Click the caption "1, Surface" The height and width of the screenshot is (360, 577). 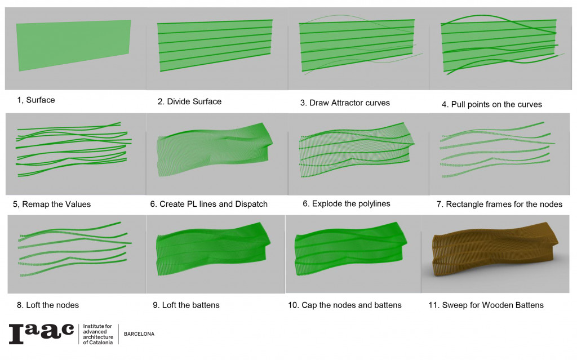click(x=36, y=100)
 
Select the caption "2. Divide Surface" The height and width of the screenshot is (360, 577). click(x=189, y=101)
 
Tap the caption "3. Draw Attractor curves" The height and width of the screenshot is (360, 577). click(x=345, y=103)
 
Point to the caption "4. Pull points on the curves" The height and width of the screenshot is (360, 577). click(x=491, y=105)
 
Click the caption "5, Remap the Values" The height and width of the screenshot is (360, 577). click(x=52, y=205)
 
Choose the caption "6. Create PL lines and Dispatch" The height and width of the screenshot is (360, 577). click(x=208, y=205)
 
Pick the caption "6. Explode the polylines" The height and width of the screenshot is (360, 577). click(x=347, y=204)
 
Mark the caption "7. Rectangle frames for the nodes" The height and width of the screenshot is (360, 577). click(x=499, y=205)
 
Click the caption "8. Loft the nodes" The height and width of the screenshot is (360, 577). click(x=48, y=305)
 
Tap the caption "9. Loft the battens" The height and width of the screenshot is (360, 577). click(x=186, y=305)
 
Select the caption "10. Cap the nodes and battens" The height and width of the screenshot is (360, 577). click(x=345, y=305)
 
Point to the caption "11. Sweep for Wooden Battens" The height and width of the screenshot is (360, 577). click(x=486, y=305)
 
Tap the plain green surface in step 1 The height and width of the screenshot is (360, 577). click(x=74, y=45)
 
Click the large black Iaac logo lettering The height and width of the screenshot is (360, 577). click(x=41, y=334)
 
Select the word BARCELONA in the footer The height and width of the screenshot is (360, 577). click(x=139, y=334)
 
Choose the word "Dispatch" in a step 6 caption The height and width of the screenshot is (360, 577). click(x=251, y=205)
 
